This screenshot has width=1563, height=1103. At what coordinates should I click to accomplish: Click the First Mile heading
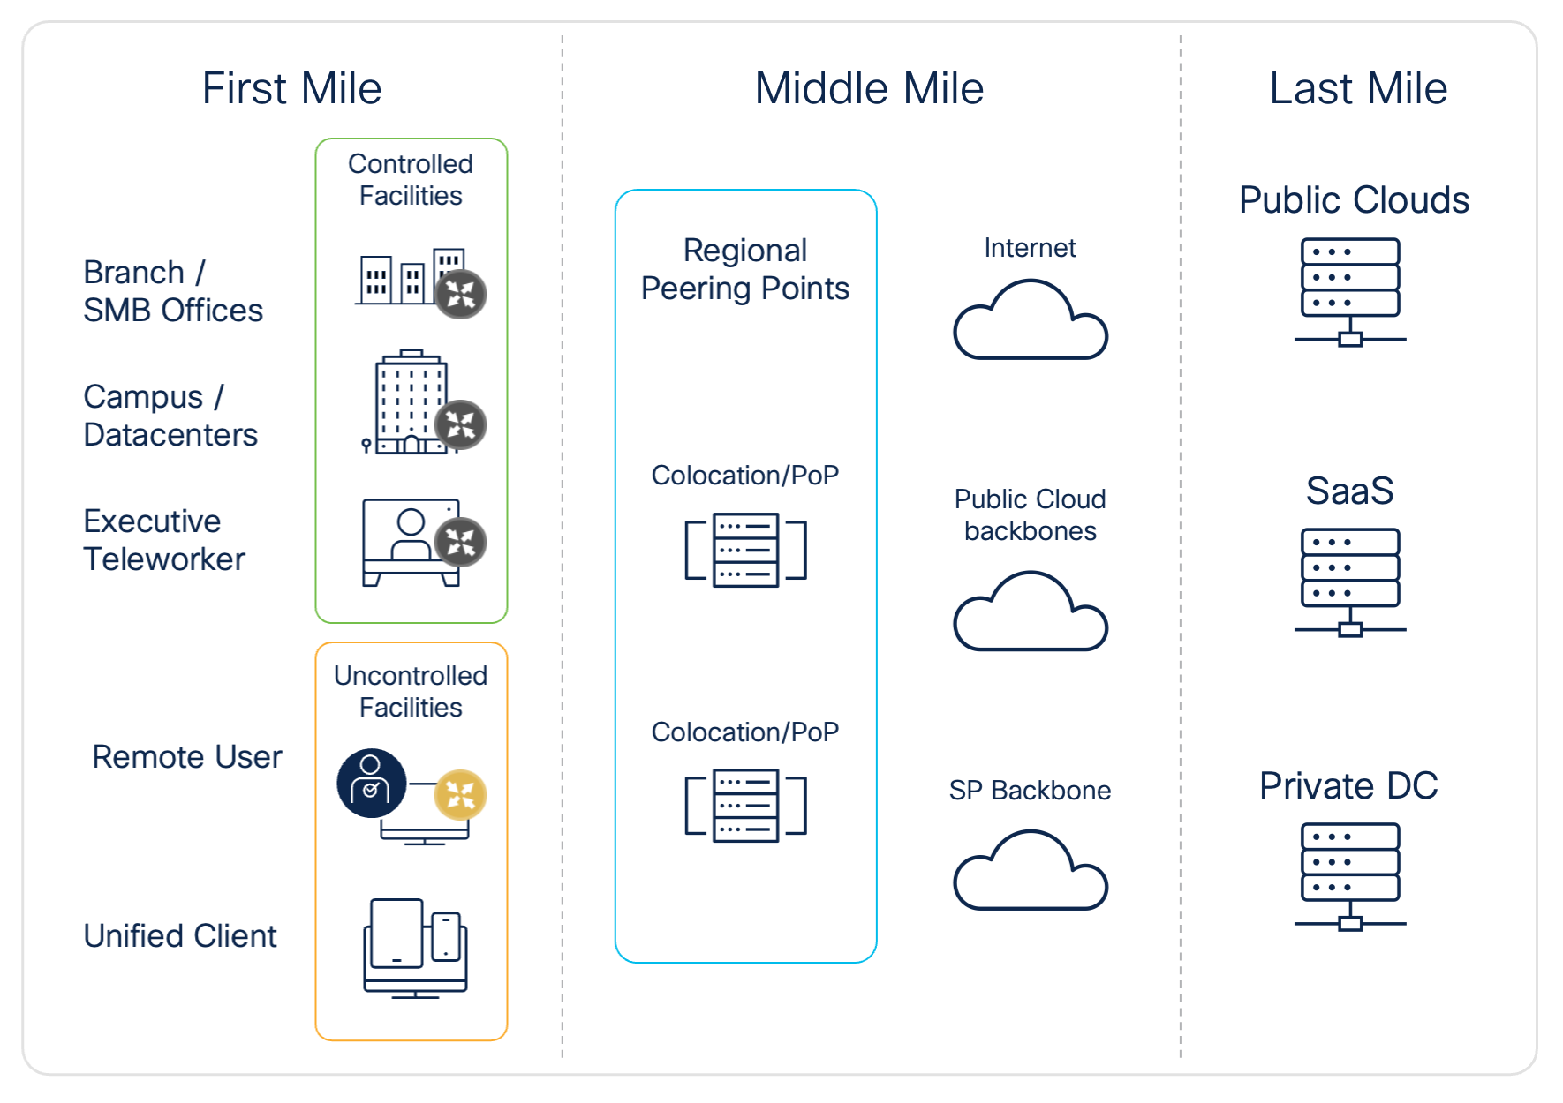(x=291, y=89)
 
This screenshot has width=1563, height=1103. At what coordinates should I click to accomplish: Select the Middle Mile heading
(x=869, y=89)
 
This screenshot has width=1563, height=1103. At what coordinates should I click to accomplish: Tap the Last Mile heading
(x=1357, y=89)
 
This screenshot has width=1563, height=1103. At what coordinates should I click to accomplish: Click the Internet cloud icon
(x=1031, y=322)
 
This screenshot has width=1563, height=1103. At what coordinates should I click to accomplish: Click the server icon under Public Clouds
(x=1350, y=291)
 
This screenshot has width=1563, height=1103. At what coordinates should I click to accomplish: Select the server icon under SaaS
(x=1350, y=582)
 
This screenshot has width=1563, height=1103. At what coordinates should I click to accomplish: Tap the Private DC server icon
(x=1350, y=876)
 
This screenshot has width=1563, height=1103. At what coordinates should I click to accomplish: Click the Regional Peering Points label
(x=745, y=269)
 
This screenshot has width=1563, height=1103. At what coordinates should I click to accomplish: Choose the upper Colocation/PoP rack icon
(x=746, y=550)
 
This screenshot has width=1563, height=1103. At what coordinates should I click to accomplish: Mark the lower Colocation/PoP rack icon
(x=746, y=806)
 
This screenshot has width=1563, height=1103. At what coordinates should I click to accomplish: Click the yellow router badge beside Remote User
(x=460, y=794)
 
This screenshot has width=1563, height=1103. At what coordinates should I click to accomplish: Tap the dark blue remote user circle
(x=372, y=783)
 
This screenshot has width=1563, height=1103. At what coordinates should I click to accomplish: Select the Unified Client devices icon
(x=415, y=948)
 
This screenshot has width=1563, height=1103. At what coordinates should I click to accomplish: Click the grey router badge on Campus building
(x=460, y=424)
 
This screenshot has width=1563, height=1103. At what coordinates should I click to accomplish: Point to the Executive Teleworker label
(x=164, y=540)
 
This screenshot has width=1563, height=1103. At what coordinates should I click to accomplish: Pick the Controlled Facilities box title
(x=411, y=179)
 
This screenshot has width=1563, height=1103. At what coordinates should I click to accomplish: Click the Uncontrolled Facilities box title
(x=411, y=691)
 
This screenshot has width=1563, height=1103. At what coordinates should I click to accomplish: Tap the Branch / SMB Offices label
(x=173, y=291)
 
